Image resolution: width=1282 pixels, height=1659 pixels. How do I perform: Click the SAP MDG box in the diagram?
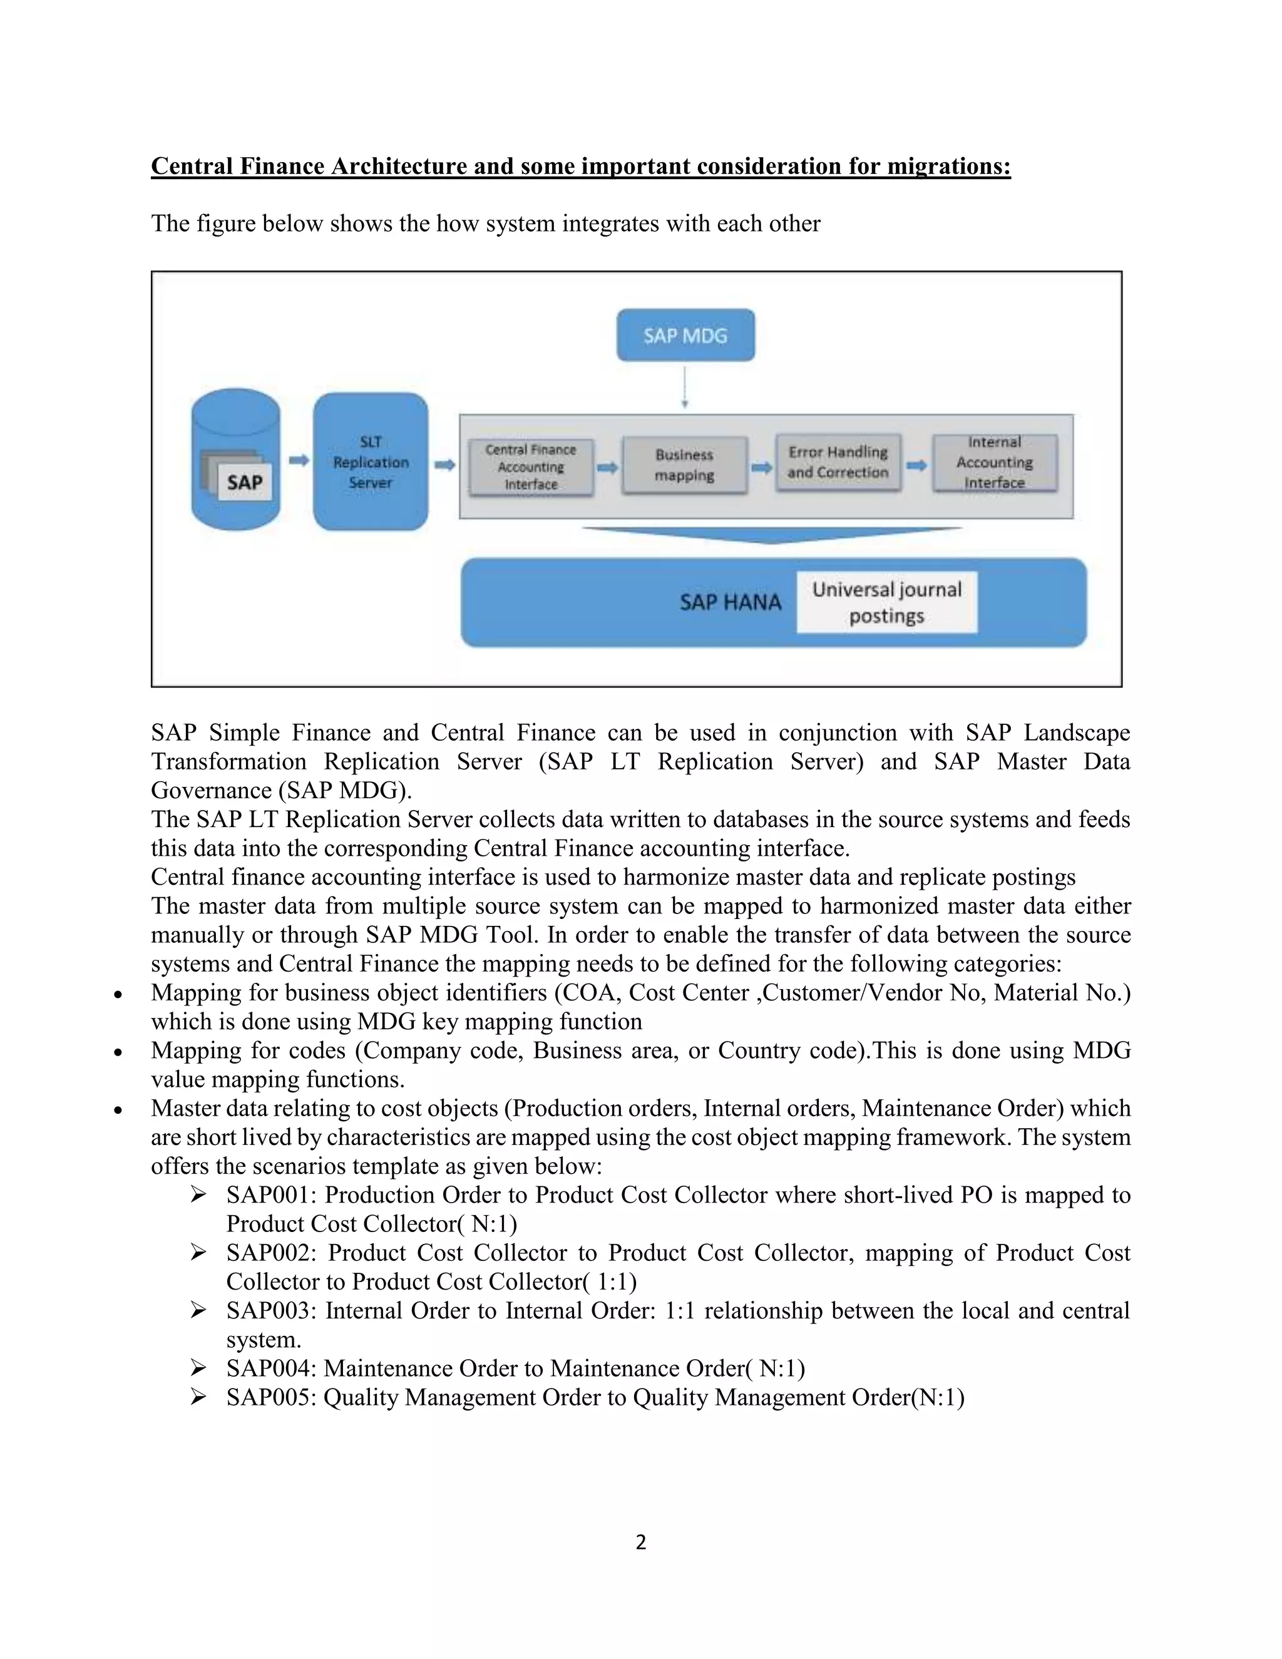(x=685, y=335)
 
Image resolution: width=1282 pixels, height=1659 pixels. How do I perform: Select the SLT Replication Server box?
(x=371, y=462)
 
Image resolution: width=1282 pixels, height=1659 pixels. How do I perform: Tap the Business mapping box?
(x=684, y=465)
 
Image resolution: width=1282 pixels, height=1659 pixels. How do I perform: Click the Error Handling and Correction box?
(x=838, y=462)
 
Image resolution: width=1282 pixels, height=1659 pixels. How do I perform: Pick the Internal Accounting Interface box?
(x=994, y=462)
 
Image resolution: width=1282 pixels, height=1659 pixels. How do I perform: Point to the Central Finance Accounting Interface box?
(x=531, y=466)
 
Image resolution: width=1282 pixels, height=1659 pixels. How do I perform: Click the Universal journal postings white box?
(x=886, y=602)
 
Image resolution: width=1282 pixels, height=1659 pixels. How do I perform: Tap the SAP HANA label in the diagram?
(x=730, y=602)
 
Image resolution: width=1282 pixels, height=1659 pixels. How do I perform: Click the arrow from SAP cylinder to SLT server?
(x=299, y=460)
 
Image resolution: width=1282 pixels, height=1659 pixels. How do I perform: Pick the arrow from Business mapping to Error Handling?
(x=761, y=467)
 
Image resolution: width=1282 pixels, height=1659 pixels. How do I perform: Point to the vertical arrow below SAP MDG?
(x=684, y=388)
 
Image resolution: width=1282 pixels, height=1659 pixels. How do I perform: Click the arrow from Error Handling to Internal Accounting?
(x=916, y=465)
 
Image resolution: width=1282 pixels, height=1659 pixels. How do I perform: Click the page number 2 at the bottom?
(x=641, y=1542)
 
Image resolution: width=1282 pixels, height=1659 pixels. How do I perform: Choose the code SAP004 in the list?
(x=270, y=1368)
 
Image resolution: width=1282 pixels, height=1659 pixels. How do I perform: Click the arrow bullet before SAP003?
(x=198, y=1310)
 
